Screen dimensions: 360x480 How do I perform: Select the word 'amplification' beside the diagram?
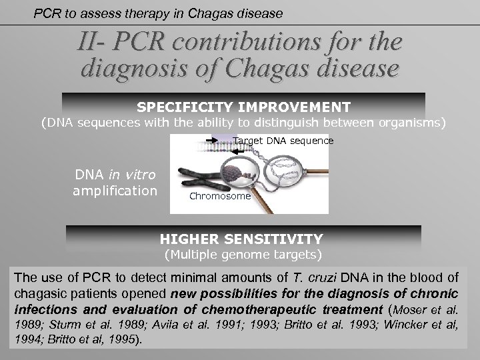[116, 191]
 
